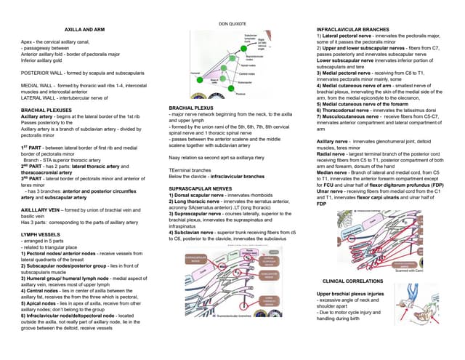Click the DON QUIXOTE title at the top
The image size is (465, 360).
click(232, 25)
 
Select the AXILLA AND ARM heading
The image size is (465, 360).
click(80, 29)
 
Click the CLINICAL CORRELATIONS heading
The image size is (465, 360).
click(352, 280)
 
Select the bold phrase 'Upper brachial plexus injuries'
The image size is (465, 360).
click(351, 294)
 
